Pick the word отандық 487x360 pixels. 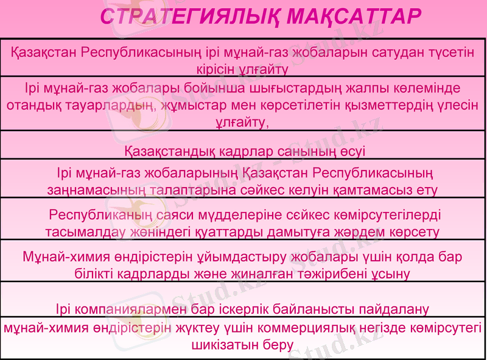pos(32,105)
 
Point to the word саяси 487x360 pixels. pos(171,216)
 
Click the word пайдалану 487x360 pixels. pos(391,309)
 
